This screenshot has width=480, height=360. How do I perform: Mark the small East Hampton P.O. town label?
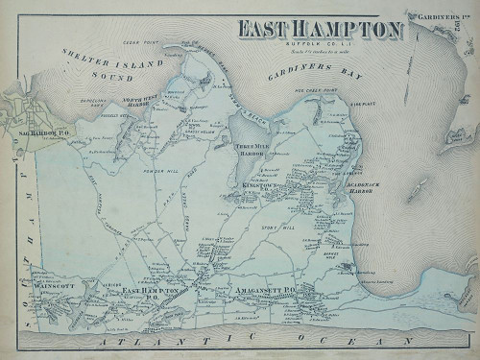point(158,291)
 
